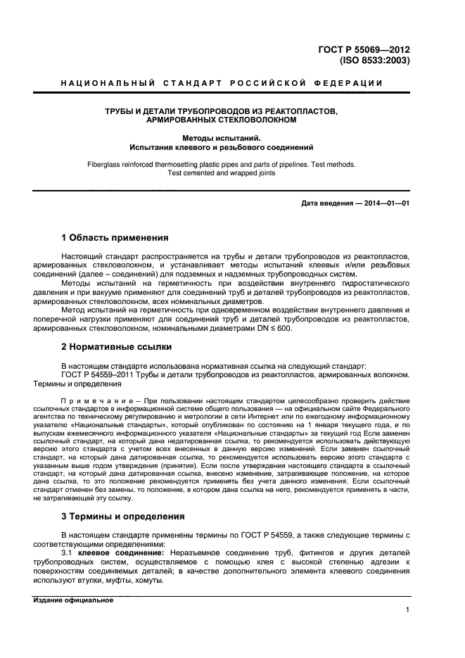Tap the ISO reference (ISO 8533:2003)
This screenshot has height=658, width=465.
coord(374,61)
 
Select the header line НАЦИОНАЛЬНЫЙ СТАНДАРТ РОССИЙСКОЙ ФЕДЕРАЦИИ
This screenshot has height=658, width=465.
coord(222,84)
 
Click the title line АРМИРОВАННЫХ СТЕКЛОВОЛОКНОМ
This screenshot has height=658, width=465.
coord(221,120)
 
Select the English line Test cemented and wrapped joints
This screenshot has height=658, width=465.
coord(221,173)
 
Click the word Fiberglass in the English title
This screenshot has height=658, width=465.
coord(105,164)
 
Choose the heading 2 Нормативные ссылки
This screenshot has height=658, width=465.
coord(116,347)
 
